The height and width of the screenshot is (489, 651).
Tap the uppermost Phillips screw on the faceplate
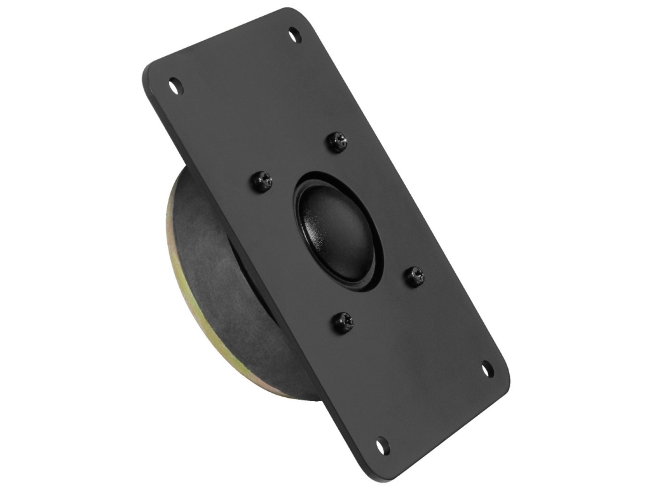coord(337,141)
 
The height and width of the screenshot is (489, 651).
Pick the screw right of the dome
coord(416,275)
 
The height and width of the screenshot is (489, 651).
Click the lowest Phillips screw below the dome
coord(343,323)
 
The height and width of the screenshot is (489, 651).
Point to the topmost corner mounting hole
coord(294,34)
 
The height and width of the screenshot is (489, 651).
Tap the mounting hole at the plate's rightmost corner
coord(488,369)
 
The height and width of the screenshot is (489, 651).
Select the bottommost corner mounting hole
coord(381,444)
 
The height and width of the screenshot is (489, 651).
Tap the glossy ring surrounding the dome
coord(304,191)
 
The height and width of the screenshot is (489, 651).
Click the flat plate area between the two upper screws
coord(299,159)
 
